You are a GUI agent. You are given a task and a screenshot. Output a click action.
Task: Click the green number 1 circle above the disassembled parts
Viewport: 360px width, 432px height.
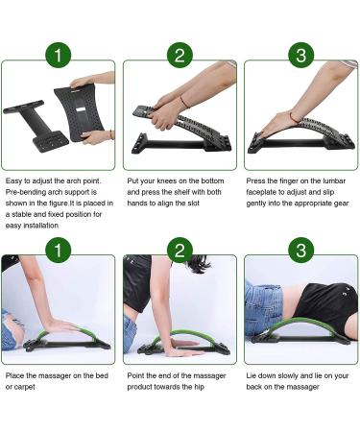tap(59, 54)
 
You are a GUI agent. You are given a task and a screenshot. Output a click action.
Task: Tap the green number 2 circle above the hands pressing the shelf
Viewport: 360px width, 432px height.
tap(179, 54)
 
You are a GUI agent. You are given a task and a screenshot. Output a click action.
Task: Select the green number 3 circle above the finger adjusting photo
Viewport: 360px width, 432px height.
tap(300, 54)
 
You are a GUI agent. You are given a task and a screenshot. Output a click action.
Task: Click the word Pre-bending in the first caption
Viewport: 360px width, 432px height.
tap(25, 191)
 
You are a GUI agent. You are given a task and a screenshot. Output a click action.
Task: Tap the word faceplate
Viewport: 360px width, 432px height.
tap(265, 191)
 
